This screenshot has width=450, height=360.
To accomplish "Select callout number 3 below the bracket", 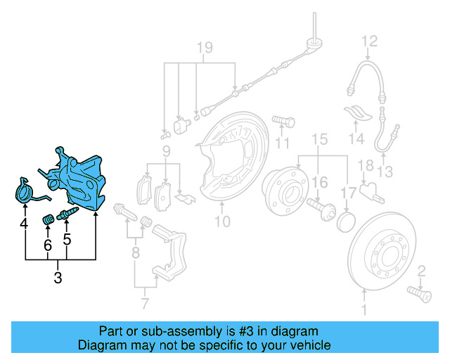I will pos(58,278).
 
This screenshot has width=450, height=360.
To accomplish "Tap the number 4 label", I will pos(25,224).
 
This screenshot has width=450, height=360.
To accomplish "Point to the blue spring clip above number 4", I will pos(27,191).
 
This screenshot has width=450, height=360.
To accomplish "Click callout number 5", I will pos(67,239).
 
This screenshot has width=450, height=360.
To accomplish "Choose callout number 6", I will pos(48,245).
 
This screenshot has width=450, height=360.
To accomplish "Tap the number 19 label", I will pos(204,48).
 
